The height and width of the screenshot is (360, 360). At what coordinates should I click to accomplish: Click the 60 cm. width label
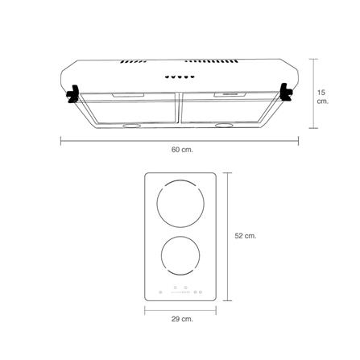point(182,150)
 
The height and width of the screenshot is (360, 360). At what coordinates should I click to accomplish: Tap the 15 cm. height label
point(322,97)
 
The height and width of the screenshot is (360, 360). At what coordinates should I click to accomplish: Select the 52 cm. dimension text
point(246,236)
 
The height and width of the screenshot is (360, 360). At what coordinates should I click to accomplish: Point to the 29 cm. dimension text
point(182,319)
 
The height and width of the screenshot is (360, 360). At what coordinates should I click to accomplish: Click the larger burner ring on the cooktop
point(180,180)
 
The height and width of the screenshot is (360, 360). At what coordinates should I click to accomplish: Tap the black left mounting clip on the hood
point(72,93)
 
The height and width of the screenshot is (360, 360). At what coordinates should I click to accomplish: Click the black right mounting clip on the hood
point(286,92)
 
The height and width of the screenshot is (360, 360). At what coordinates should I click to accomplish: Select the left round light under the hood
point(131,126)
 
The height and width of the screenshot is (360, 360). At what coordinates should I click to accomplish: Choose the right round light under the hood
point(224,125)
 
